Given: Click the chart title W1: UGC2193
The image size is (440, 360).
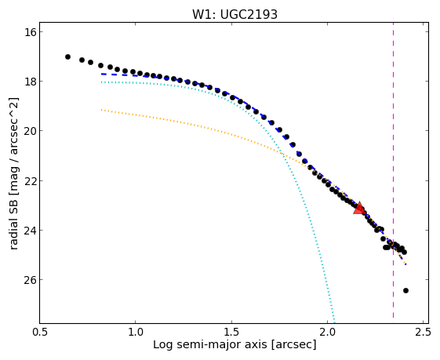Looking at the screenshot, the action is click(x=235, y=14).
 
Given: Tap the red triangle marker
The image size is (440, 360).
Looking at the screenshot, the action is click(x=359, y=208).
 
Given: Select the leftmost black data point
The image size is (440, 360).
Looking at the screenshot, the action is click(x=67, y=56).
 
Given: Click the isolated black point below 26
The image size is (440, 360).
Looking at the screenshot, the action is click(x=405, y=290).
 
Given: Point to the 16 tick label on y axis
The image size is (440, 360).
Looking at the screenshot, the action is click(x=30, y=32).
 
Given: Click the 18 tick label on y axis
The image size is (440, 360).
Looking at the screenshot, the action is click(x=30, y=82).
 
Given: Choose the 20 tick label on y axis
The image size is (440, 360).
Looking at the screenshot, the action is click(x=30, y=131).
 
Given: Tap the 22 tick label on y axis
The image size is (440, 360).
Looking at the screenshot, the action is click(x=30, y=180).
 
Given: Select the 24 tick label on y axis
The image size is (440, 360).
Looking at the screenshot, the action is click(x=30, y=230).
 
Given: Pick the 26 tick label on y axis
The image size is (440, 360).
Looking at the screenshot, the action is click(x=30, y=280).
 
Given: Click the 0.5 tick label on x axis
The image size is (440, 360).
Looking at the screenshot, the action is click(x=40, y=332).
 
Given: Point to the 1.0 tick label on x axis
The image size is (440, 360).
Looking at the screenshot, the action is click(x=136, y=332).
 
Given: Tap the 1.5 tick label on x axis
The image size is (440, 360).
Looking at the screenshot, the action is click(x=232, y=332).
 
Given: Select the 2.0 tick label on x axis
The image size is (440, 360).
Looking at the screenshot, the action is click(x=328, y=332).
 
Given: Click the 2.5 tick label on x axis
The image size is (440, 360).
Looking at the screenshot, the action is click(x=424, y=332).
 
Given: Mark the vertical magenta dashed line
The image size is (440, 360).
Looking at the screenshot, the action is click(x=393, y=170).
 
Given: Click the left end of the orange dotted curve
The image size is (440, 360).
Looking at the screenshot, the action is click(x=102, y=110).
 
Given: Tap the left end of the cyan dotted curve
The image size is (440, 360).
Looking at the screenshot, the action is click(x=102, y=82).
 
